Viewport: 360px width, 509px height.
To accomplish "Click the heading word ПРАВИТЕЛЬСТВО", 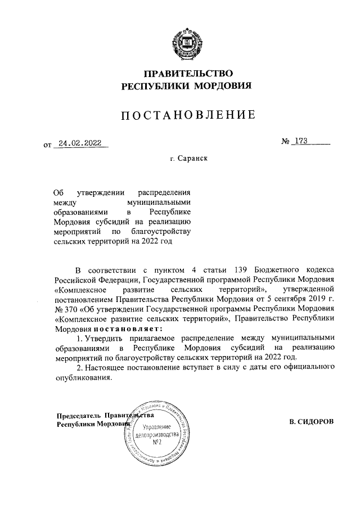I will point(180,73).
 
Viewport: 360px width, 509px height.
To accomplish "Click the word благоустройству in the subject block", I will point(164,232).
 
